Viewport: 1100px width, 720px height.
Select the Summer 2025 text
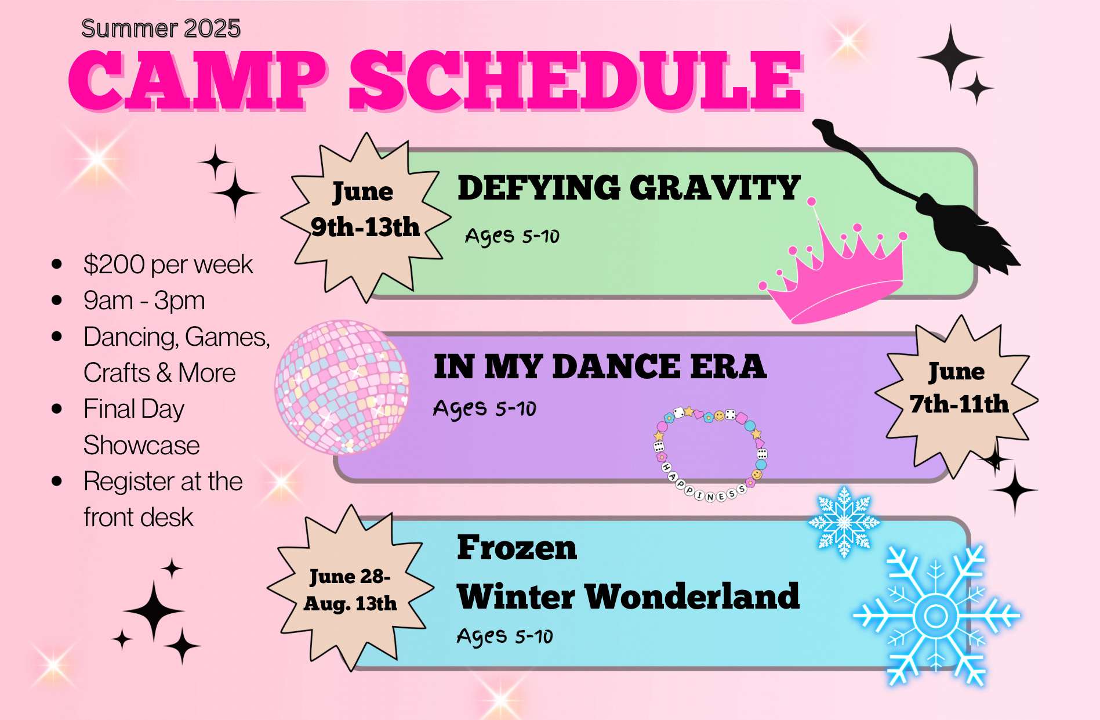click(x=161, y=28)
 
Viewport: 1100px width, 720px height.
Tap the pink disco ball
click(x=342, y=387)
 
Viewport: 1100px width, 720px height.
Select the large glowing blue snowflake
click(x=935, y=616)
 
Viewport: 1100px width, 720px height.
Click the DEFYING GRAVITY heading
click(x=629, y=188)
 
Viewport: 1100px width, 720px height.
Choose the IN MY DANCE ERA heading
click(x=600, y=367)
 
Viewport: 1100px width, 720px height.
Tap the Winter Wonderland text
click(x=628, y=596)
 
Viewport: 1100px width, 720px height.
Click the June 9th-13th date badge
click(x=365, y=218)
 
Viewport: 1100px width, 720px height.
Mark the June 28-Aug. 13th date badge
click(x=350, y=589)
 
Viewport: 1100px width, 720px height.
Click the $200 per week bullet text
click(x=168, y=265)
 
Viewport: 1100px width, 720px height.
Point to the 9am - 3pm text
click(x=144, y=301)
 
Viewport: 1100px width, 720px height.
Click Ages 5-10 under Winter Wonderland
click(x=504, y=636)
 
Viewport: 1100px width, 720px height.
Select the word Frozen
click(x=517, y=548)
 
